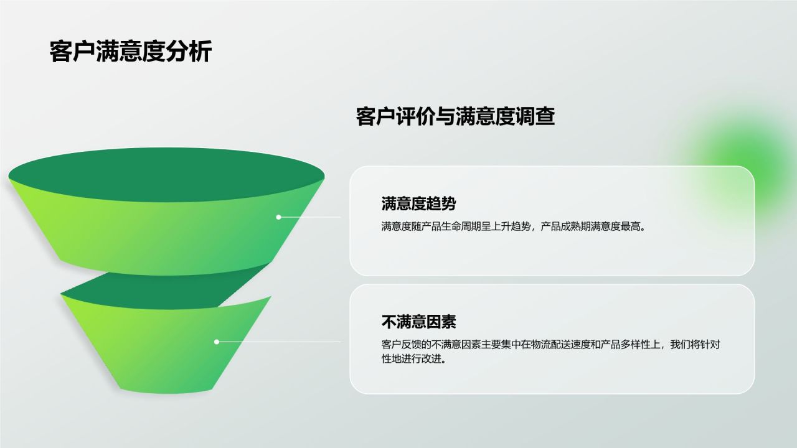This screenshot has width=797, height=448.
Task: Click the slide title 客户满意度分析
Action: coord(130,51)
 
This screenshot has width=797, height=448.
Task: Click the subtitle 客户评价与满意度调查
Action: coord(455,116)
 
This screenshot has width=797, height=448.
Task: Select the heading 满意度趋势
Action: coord(418,203)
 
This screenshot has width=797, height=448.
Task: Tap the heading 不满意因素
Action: coord(418,322)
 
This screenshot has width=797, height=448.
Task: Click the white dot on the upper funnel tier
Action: coord(278,217)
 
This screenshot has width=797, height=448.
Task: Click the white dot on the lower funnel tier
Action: coord(217,342)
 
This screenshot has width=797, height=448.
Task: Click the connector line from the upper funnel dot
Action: coord(311,217)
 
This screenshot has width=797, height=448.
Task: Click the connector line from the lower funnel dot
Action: coord(280,342)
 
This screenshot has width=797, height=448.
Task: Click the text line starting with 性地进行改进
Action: coord(413,359)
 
